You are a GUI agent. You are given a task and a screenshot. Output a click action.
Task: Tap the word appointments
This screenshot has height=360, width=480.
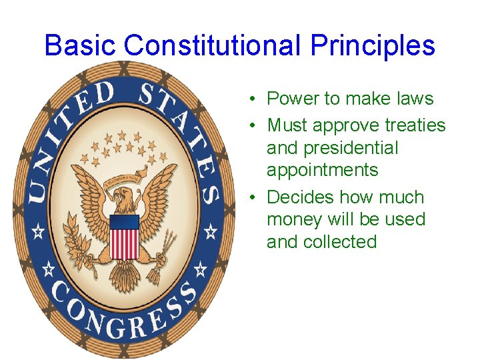(x=322, y=170)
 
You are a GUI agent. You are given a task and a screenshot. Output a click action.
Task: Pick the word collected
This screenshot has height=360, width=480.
(x=341, y=241)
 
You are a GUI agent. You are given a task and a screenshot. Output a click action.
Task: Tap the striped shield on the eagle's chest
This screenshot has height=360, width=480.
(x=124, y=236)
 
